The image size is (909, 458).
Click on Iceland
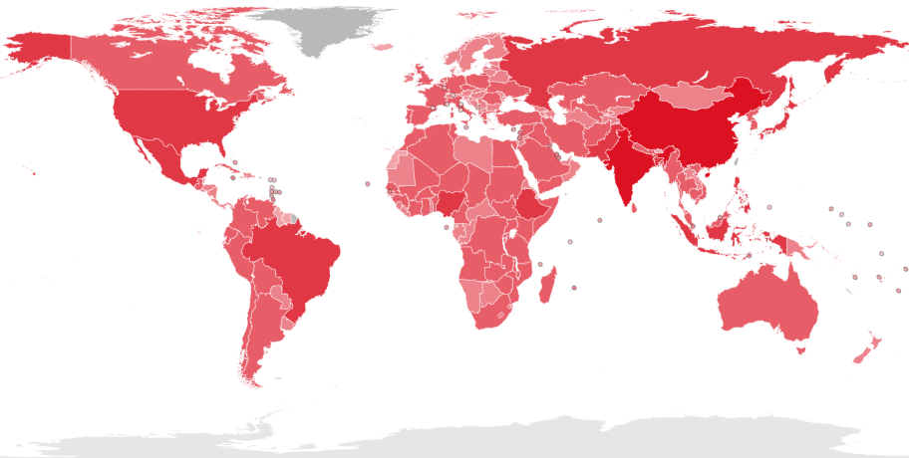click(x=382, y=47)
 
